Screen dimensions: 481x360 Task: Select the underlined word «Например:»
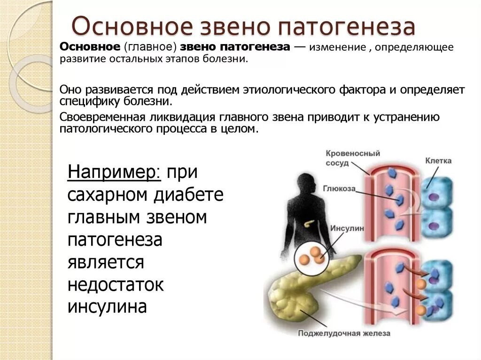tap(115, 173)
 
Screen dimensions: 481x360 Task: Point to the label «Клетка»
tap(438, 161)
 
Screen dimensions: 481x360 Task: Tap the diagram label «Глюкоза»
tap(339, 189)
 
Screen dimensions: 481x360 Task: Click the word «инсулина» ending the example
tap(108, 306)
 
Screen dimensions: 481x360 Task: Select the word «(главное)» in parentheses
tap(150, 47)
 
